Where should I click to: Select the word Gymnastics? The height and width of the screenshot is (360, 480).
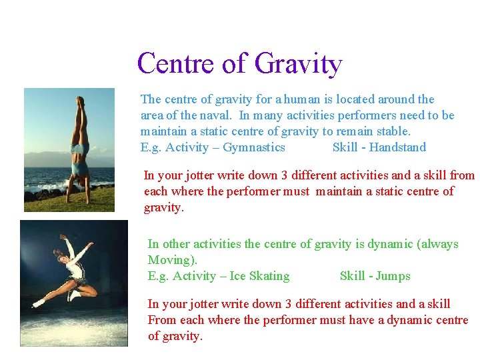254,147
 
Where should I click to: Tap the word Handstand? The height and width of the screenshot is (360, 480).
397,147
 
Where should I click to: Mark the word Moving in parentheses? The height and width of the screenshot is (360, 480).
171,260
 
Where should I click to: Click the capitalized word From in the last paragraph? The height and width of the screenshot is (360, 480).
161,320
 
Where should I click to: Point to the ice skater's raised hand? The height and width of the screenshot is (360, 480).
64,237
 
